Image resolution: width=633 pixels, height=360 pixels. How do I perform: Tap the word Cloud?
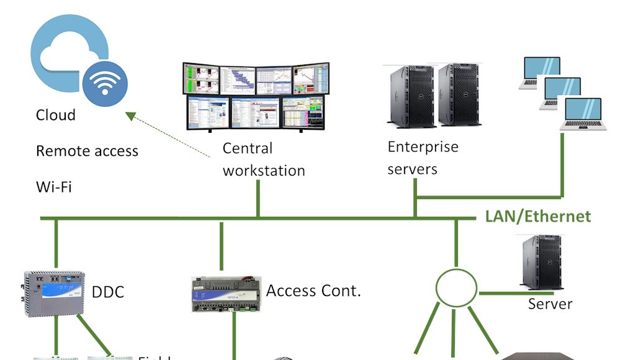click(x=56, y=115)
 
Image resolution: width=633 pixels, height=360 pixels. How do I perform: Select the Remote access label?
click(x=87, y=151)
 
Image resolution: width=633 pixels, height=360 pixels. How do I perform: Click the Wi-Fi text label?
click(x=54, y=186)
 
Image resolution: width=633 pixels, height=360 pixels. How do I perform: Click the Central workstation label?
click(x=264, y=160)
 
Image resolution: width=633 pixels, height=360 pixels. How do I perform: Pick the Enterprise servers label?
click(x=423, y=158)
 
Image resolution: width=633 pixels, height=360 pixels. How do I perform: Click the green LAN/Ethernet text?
click(x=538, y=217)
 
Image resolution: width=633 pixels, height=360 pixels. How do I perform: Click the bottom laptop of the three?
click(x=582, y=114)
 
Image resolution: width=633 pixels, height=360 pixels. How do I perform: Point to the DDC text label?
click(x=108, y=292)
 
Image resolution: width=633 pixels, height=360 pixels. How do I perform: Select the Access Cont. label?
click(x=313, y=290)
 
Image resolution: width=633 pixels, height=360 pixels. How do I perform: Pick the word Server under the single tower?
click(x=550, y=304)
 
